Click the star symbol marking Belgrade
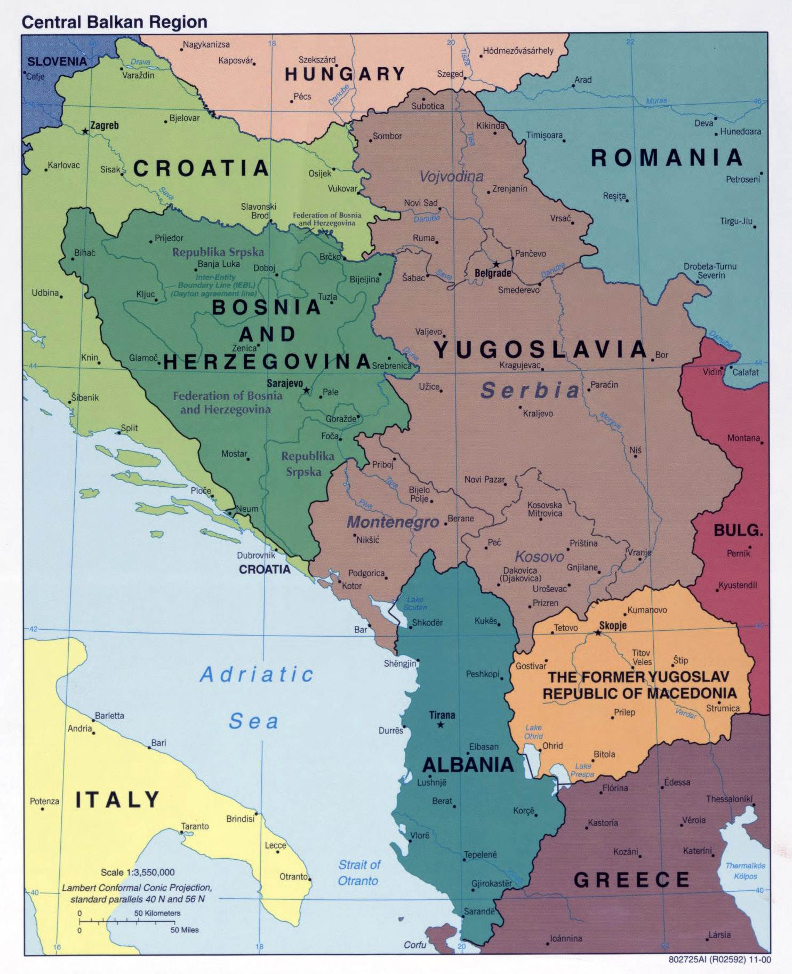(x=496, y=264)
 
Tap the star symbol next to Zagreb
(x=85, y=131)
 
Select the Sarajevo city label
(x=285, y=383)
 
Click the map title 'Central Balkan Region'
(x=114, y=22)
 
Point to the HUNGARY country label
(x=345, y=74)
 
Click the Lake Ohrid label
(x=533, y=732)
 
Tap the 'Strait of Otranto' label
(x=359, y=873)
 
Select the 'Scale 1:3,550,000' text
(x=138, y=872)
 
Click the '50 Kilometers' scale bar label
(x=157, y=913)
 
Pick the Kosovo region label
(x=539, y=557)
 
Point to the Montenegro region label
(x=393, y=522)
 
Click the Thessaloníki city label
(x=730, y=799)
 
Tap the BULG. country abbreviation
(x=738, y=530)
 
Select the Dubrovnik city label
(x=256, y=555)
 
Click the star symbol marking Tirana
(x=441, y=725)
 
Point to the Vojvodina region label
(x=451, y=176)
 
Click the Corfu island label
(x=414, y=945)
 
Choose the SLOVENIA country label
(x=57, y=61)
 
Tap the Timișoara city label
(x=544, y=136)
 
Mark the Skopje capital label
(x=612, y=625)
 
